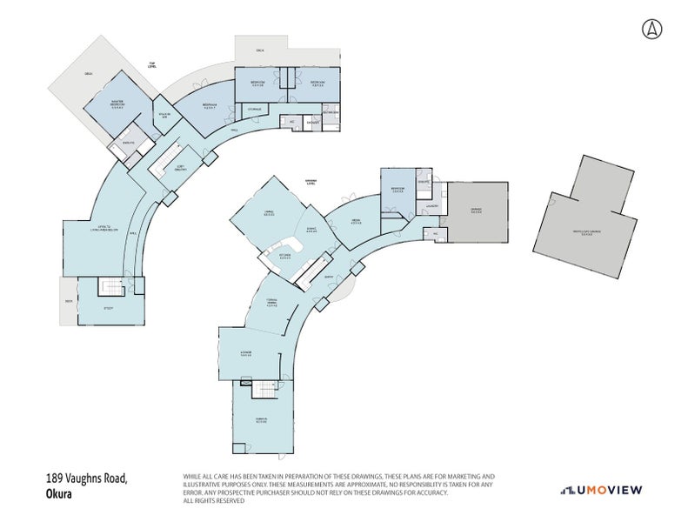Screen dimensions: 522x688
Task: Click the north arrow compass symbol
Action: [650, 28]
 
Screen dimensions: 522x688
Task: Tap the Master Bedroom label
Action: [117, 105]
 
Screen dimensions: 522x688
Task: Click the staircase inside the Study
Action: [110, 287]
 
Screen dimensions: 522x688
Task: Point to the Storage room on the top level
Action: [255, 110]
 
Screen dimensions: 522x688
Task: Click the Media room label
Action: [356, 221]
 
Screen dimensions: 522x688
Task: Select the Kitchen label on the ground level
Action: [284, 256]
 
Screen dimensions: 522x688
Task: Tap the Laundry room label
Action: [431, 207]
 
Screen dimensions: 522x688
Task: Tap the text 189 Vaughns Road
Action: [87, 478]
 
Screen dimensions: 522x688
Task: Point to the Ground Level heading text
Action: [310, 183]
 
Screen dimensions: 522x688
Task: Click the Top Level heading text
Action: [151, 65]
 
